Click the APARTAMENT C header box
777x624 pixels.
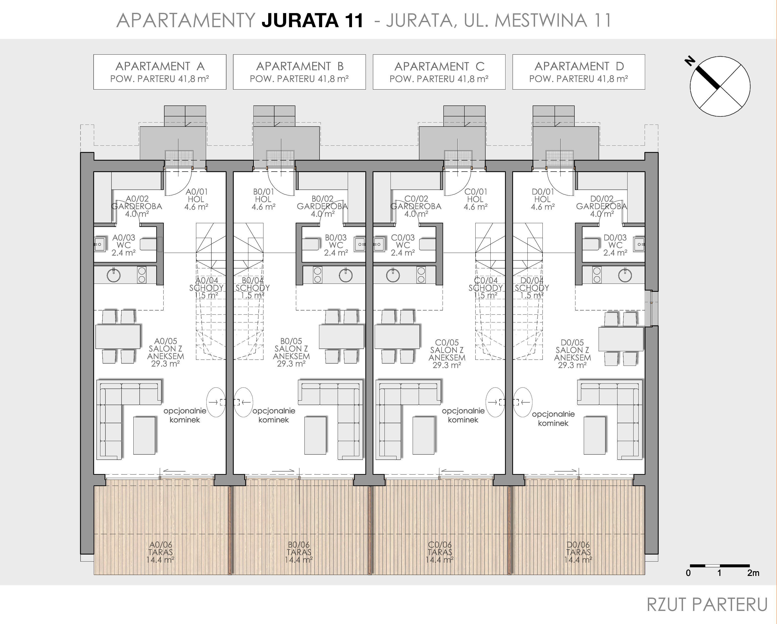[439, 72]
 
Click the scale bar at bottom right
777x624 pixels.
[720, 566]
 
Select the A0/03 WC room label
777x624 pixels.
[124, 245]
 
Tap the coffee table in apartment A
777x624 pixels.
[144, 435]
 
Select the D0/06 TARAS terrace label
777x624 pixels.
[578, 552]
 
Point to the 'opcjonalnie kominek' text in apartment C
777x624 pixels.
[463, 415]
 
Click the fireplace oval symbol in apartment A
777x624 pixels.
[216, 402]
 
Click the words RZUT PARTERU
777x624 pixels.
[707, 605]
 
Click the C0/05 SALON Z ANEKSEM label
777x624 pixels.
[447, 354]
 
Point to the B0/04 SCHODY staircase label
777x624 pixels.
[253, 288]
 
